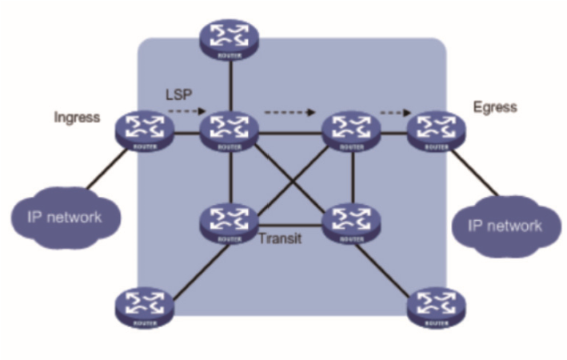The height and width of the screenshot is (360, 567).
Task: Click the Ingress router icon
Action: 145,130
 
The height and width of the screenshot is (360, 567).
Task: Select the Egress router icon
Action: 436,130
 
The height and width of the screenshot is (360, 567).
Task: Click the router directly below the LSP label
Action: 231,130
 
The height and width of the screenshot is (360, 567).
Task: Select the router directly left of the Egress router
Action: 349,130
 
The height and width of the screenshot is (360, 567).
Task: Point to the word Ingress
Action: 77,118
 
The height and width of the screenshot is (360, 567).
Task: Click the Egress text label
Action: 495,106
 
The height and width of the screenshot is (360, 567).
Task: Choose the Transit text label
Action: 280,238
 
